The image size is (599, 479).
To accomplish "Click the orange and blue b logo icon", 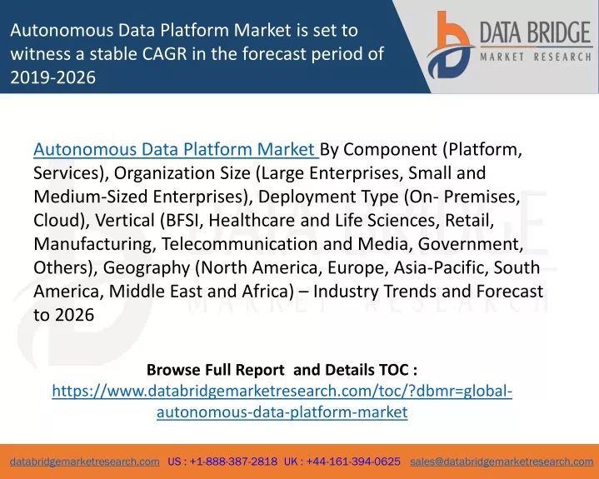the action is [451, 45].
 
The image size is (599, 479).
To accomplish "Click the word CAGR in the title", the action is [165, 54].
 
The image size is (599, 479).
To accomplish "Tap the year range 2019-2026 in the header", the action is [52, 77].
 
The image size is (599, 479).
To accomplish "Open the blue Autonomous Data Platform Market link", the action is [175, 149].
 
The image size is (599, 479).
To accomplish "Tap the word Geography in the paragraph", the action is [147, 268].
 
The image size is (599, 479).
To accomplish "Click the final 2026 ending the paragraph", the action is [74, 315].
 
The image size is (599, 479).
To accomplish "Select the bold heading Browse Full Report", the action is [216, 370].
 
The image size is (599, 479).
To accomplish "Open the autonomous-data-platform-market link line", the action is [282, 412].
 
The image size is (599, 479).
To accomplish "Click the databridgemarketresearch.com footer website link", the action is [85, 462].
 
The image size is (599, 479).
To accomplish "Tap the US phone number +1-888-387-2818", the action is [233, 462].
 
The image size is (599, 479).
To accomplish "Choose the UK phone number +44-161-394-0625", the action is [353, 462].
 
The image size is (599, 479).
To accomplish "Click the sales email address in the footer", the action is [502, 462].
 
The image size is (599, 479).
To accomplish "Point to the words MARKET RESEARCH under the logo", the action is [536, 57].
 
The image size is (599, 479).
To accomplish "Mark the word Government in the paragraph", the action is [470, 244].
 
